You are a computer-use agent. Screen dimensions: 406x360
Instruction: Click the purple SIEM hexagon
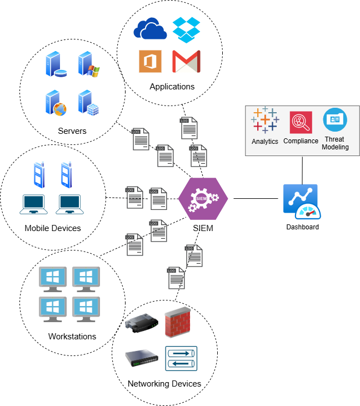point(203,198)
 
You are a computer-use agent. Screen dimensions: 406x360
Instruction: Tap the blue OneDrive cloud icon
point(150,29)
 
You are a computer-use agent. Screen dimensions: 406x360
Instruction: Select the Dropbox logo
point(186,29)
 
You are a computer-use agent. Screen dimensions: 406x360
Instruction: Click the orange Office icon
point(150,61)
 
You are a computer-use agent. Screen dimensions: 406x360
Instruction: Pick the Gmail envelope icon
point(186,61)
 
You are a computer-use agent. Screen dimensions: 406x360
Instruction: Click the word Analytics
point(264,142)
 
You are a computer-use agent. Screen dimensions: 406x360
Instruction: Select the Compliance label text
point(301,141)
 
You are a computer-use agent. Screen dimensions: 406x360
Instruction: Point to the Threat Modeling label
point(335,143)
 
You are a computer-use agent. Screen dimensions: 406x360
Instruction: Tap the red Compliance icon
point(301,122)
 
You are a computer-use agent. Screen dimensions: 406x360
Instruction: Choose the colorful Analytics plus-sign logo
point(265,120)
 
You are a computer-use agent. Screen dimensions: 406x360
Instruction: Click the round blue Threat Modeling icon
point(335,119)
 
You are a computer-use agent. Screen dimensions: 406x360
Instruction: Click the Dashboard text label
point(302,227)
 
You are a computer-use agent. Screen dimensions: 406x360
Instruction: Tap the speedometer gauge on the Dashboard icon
point(308,211)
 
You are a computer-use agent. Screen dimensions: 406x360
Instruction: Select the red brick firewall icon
point(178,322)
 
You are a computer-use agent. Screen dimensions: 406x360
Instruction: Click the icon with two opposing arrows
point(181,358)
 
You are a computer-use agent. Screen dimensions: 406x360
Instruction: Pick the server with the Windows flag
point(88,64)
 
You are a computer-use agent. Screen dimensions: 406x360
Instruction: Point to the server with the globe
point(56,103)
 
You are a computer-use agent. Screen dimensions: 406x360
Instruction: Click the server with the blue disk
point(56,64)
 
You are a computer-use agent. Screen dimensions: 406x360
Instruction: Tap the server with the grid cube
point(88,103)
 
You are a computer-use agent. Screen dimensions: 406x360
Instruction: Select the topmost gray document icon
point(189,128)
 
